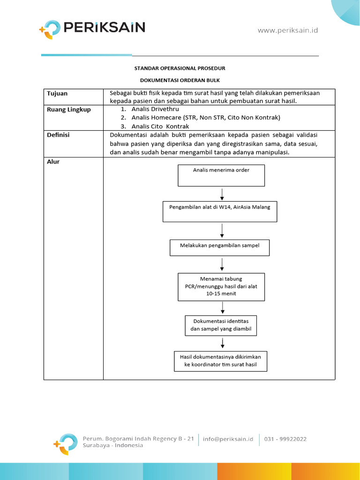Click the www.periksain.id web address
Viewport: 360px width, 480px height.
point(288,30)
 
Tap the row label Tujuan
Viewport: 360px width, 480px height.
point(57,93)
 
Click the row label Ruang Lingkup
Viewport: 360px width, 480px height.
point(69,110)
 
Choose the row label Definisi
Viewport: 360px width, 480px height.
point(58,135)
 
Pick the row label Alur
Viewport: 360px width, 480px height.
point(53,162)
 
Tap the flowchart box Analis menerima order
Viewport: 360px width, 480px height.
point(221,175)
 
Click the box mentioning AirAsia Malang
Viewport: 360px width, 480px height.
point(220,211)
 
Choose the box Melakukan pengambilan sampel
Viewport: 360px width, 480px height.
point(219,247)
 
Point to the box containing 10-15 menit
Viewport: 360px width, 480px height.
point(221,286)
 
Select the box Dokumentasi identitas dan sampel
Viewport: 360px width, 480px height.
point(221,325)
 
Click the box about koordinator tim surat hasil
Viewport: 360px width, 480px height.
point(220,361)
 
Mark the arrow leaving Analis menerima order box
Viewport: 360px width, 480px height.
point(222,194)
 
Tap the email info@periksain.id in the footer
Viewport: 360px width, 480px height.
point(228,439)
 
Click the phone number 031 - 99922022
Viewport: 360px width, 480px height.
point(285,439)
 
